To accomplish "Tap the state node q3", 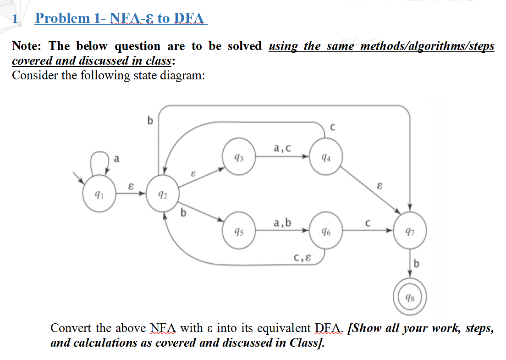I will (238, 158).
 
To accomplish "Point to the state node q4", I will (325, 158).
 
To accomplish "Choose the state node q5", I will (238, 230).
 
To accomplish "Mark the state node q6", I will (325, 230).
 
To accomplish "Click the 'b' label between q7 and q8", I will (416, 264).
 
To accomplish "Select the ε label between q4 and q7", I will (379, 187).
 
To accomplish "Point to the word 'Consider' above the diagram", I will (34, 75).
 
